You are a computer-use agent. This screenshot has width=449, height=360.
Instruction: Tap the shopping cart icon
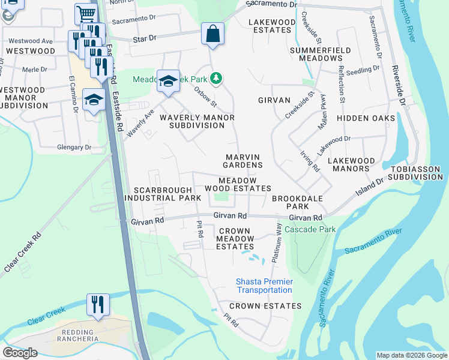(x=86, y=14)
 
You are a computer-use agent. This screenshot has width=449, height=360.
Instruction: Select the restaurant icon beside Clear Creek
(x=97, y=304)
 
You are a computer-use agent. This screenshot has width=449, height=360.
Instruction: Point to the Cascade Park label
(x=310, y=229)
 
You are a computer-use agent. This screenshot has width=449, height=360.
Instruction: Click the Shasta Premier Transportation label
(x=264, y=286)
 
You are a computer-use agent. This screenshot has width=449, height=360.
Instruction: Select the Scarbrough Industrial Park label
(x=163, y=193)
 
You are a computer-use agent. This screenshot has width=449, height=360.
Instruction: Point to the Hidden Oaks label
(x=366, y=118)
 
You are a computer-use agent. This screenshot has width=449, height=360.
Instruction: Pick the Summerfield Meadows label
(x=316, y=54)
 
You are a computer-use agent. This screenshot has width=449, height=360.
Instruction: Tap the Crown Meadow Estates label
(x=235, y=238)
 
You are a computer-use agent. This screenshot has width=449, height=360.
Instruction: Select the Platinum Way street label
(x=277, y=242)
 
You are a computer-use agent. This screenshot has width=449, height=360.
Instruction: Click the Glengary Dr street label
(x=70, y=146)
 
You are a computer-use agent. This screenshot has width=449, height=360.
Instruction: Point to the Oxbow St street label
(x=205, y=97)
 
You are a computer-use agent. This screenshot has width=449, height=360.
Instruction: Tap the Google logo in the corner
(x=20, y=353)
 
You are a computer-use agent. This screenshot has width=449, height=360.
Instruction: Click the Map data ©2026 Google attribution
(x=411, y=355)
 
